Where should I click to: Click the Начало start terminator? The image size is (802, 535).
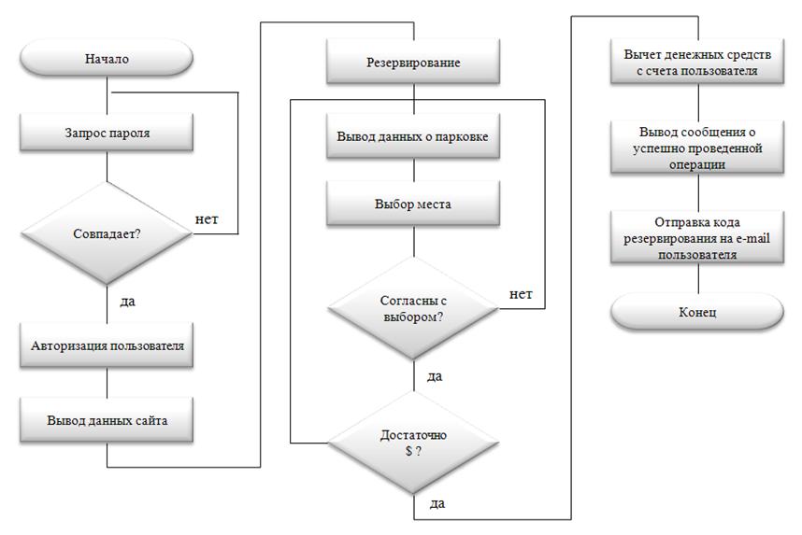107,59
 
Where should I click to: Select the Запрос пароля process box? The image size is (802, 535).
107,133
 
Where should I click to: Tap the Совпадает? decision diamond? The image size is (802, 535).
107,232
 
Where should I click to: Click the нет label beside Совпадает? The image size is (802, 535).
208,219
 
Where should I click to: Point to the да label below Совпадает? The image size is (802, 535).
129,302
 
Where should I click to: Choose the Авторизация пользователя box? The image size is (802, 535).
107,345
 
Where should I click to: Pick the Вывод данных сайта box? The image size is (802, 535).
107,420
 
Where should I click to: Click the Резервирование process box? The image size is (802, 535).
413,63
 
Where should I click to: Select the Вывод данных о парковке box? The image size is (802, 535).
413,135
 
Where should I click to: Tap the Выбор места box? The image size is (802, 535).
413,203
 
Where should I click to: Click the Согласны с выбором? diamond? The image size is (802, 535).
413,309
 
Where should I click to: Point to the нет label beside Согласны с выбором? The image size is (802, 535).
521,294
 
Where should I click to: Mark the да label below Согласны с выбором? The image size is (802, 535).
435,375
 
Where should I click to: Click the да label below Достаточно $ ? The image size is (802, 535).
437,503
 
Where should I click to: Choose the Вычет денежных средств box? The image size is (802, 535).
696,63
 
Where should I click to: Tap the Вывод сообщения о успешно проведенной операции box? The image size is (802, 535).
696,148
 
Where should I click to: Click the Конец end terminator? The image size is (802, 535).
696,311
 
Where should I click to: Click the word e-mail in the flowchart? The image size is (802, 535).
752,238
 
